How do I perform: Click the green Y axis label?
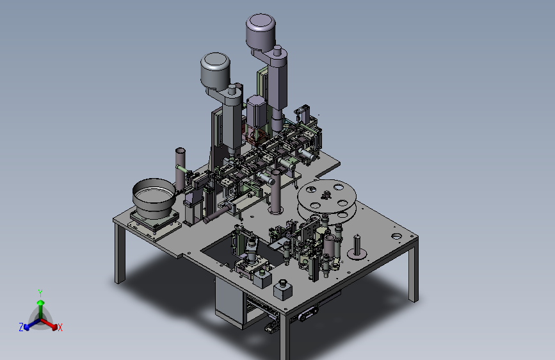click(40, 293)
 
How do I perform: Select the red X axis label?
click(60, 327)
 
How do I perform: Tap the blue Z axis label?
click(21, 327)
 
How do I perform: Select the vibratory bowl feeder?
click(154, 197)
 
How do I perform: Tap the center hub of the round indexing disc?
click(326, 195)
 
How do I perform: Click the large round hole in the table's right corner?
click(397, 236)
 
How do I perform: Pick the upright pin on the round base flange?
click(357, 244)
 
